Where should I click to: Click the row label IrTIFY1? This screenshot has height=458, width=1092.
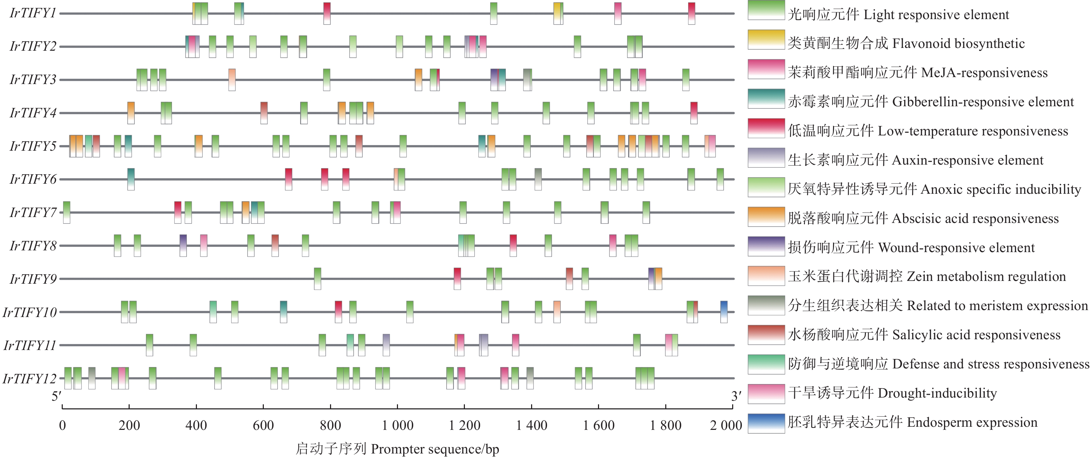[33, 13]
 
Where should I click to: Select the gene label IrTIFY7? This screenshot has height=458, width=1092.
[33, 212]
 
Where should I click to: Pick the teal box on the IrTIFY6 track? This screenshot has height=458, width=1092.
[131, 179]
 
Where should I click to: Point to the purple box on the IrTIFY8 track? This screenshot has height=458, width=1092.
[183, 245]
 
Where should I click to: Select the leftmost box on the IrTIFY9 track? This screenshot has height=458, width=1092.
[318, 278]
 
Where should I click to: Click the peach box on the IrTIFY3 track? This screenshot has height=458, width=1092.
[232, 80]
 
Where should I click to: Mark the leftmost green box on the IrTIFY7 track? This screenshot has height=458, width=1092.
[67, 212]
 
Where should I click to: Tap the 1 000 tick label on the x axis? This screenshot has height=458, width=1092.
[397, 425]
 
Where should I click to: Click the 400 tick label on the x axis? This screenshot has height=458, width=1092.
[196, 425]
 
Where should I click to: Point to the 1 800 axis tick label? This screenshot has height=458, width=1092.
[666, 425]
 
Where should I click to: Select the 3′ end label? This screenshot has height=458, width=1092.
[736, 397]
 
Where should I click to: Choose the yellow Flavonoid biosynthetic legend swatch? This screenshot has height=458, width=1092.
[766, 40]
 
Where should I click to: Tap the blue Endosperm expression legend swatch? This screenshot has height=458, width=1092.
[766, 423]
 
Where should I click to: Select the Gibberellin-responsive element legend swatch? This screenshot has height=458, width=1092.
[766, 98]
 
